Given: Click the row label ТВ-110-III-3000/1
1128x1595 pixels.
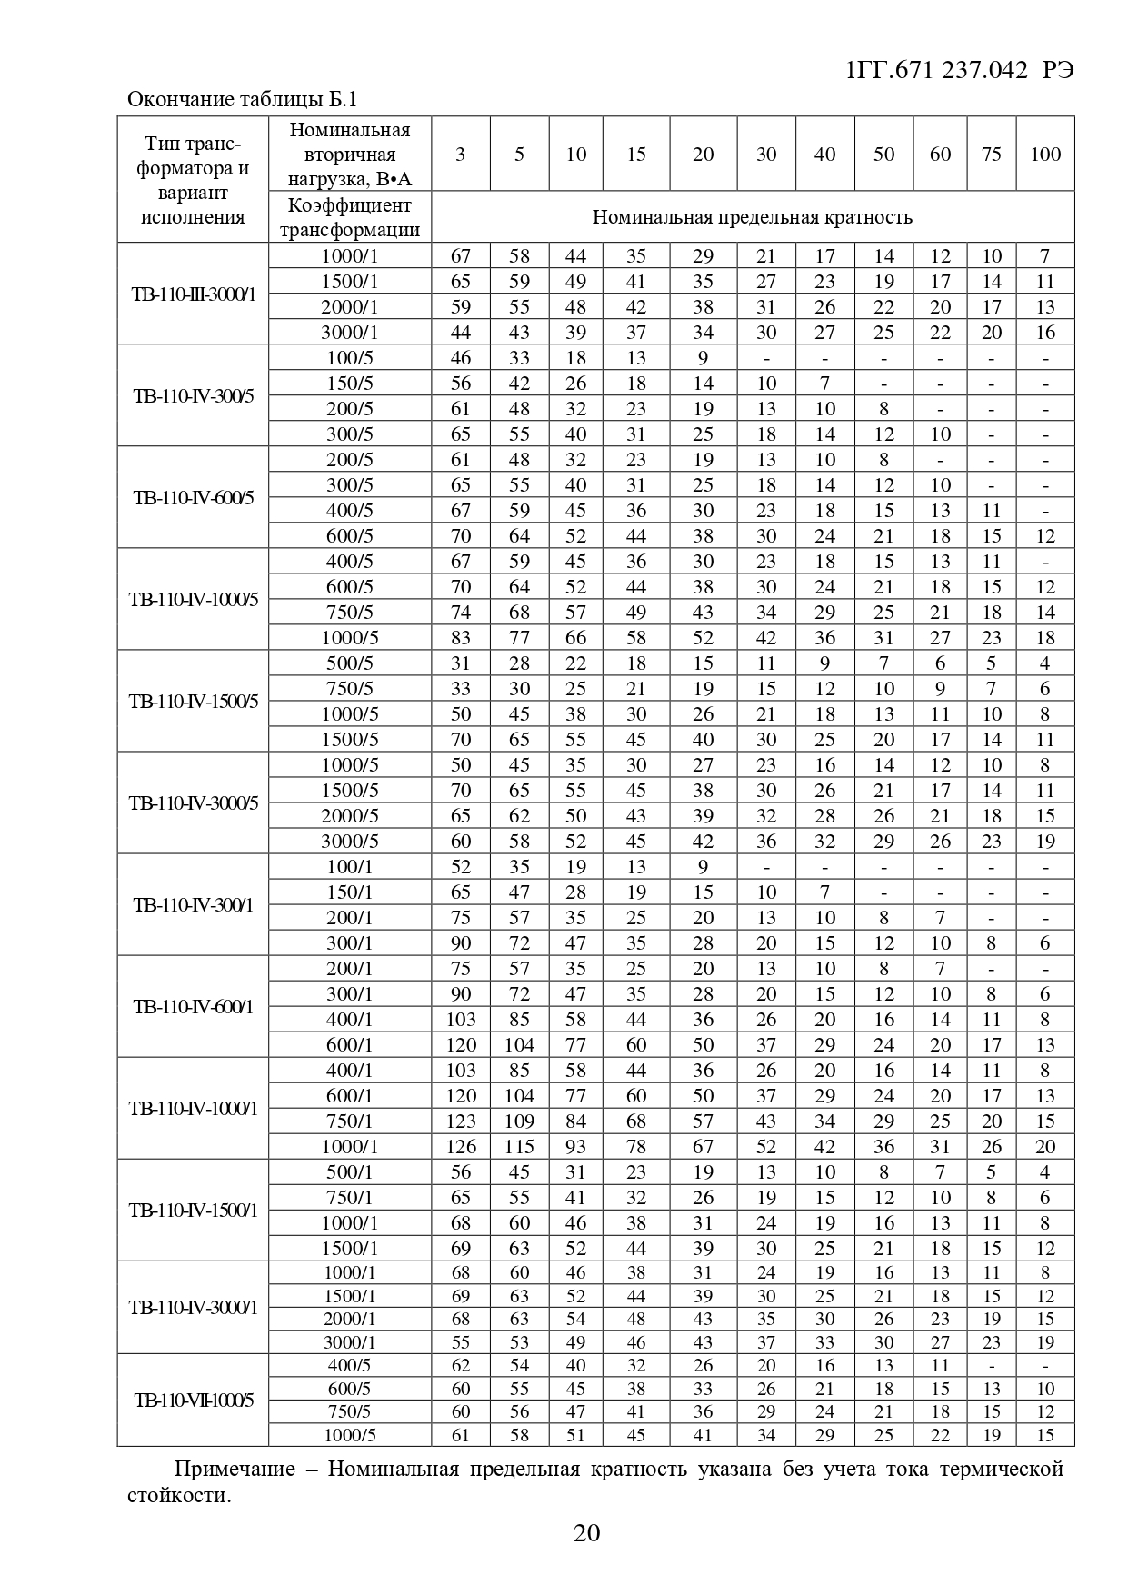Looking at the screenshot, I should point(193,294).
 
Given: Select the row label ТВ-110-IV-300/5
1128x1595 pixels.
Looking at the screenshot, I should point(193,396).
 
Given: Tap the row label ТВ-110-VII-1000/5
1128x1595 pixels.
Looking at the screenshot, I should point(193,1401).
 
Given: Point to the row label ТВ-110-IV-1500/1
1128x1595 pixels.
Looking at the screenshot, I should point(193,1211).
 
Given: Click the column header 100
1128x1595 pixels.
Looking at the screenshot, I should point(1045,155).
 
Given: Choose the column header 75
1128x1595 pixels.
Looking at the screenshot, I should point(992,155).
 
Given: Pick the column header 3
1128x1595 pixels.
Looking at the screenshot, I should point(461,155).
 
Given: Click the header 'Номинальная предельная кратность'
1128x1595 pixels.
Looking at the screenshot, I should point(752,217).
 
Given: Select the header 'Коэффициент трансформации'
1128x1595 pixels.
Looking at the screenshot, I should point(350,217).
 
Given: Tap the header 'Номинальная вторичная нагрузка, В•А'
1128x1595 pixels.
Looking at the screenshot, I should point(350,155).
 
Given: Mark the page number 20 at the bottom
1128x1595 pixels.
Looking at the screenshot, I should point(587,1534).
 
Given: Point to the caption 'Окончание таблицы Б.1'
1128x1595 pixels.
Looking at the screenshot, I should point(242,99).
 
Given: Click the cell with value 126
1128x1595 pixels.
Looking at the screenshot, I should point(461,1147).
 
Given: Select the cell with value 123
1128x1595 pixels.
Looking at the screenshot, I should point(461,1121).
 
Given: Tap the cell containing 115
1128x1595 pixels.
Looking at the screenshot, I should point(519,1147).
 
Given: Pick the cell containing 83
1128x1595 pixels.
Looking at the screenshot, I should point(461,638).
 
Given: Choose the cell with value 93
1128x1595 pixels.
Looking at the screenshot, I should point(576,1147).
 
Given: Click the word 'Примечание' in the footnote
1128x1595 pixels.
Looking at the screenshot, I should point(235,1470).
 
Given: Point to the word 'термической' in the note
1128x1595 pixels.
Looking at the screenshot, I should point(1001,1470).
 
